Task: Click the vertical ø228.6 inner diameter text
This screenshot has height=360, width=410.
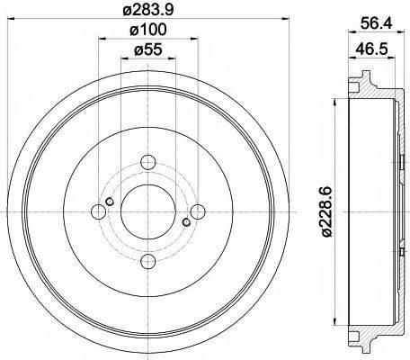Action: click(x=333, y=211)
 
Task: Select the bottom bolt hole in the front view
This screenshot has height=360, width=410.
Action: click(x=148, y=262)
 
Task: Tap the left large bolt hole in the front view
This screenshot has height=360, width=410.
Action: click(x=98, y=212)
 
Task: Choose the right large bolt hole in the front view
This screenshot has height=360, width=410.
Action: click(x=198, y=211)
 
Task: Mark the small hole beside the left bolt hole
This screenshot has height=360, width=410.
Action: click(x=109, y=202)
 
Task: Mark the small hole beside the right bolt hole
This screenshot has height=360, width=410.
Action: click(x=187, y=222)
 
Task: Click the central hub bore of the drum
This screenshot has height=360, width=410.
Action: click(x=148, y=212)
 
